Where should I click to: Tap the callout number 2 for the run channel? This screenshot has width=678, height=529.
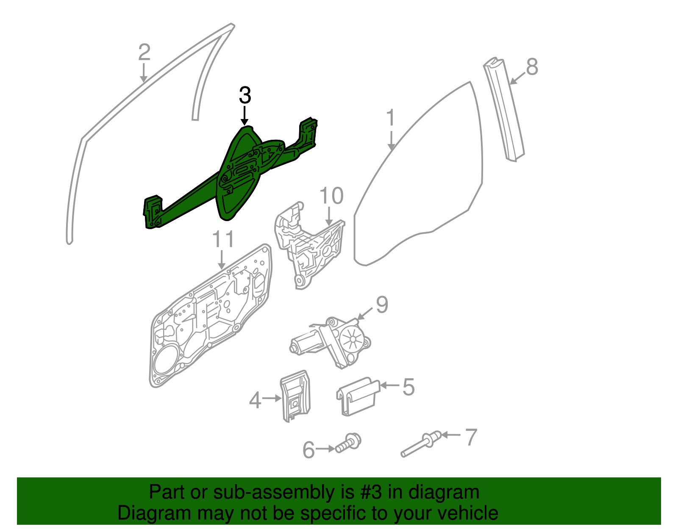144,52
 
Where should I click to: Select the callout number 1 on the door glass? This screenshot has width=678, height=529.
391,117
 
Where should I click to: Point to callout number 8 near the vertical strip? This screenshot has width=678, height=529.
532,67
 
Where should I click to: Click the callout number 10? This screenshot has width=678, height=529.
331,196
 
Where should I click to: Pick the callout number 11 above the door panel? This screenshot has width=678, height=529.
223,239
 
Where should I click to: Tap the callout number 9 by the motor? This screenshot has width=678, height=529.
382,305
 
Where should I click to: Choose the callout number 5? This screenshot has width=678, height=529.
408,387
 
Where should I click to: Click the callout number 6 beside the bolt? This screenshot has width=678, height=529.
308,450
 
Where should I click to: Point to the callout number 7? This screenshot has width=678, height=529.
471,437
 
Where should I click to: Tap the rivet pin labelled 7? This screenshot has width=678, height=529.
421,444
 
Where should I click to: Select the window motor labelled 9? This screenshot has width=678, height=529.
331,342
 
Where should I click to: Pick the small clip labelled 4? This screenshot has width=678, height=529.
295,396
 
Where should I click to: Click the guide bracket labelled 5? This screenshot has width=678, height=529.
358,396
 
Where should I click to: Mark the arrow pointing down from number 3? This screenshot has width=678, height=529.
245,115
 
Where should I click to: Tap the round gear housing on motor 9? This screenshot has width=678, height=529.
352,339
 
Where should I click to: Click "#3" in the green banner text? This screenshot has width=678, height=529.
370,492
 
